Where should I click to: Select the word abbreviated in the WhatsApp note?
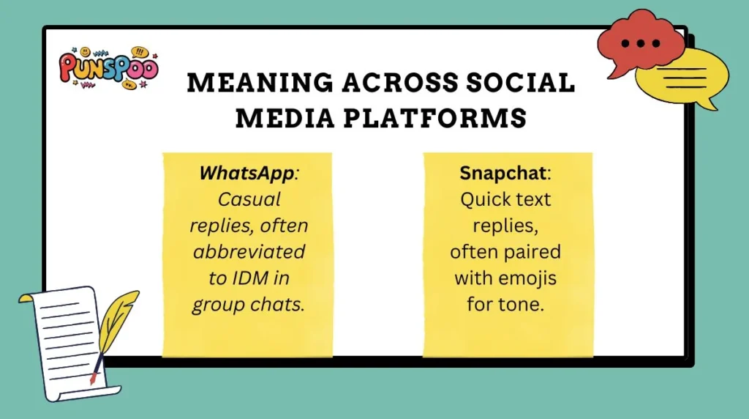(x=248, y=252)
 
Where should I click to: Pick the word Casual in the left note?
(x=248, y=199)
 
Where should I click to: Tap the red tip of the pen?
(x=93, y=379)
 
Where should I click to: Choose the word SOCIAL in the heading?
(x=524, y=83)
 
